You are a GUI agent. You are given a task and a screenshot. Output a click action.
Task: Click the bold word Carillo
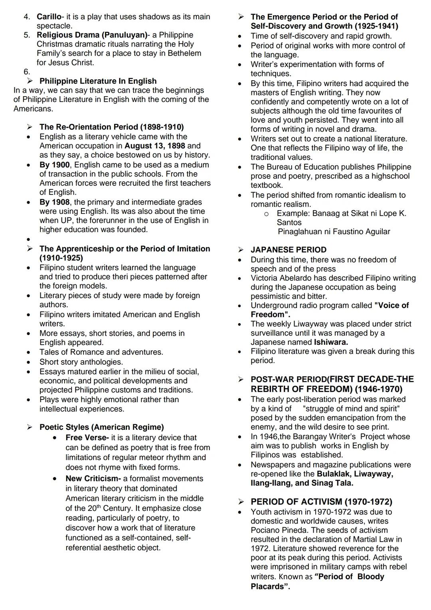coord(49,17)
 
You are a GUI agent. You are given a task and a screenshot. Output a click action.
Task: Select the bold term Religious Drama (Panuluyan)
coord(92,35)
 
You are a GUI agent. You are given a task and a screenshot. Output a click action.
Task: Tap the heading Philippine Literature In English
coord(98,81)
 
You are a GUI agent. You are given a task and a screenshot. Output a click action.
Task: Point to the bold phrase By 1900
coord(54,165)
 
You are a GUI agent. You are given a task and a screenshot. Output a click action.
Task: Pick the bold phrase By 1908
coord(54,202)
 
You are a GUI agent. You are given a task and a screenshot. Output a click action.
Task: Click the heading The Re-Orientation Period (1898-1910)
coord(111,127)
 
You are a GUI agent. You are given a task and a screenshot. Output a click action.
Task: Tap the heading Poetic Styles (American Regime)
coord(101,427)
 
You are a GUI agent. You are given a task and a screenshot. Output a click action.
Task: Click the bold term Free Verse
coord(86,438)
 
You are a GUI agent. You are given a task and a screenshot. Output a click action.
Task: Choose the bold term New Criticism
coord(92,479)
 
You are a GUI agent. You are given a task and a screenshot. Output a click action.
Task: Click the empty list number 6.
coord(26,72)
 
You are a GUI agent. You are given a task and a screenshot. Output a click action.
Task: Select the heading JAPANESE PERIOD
coord(288,250)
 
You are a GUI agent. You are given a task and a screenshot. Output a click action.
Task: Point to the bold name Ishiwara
coord(331,342)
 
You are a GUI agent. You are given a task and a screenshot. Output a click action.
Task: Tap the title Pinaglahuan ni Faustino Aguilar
coord(334,232)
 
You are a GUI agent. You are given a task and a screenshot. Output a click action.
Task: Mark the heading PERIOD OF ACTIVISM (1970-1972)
coord(321,502)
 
